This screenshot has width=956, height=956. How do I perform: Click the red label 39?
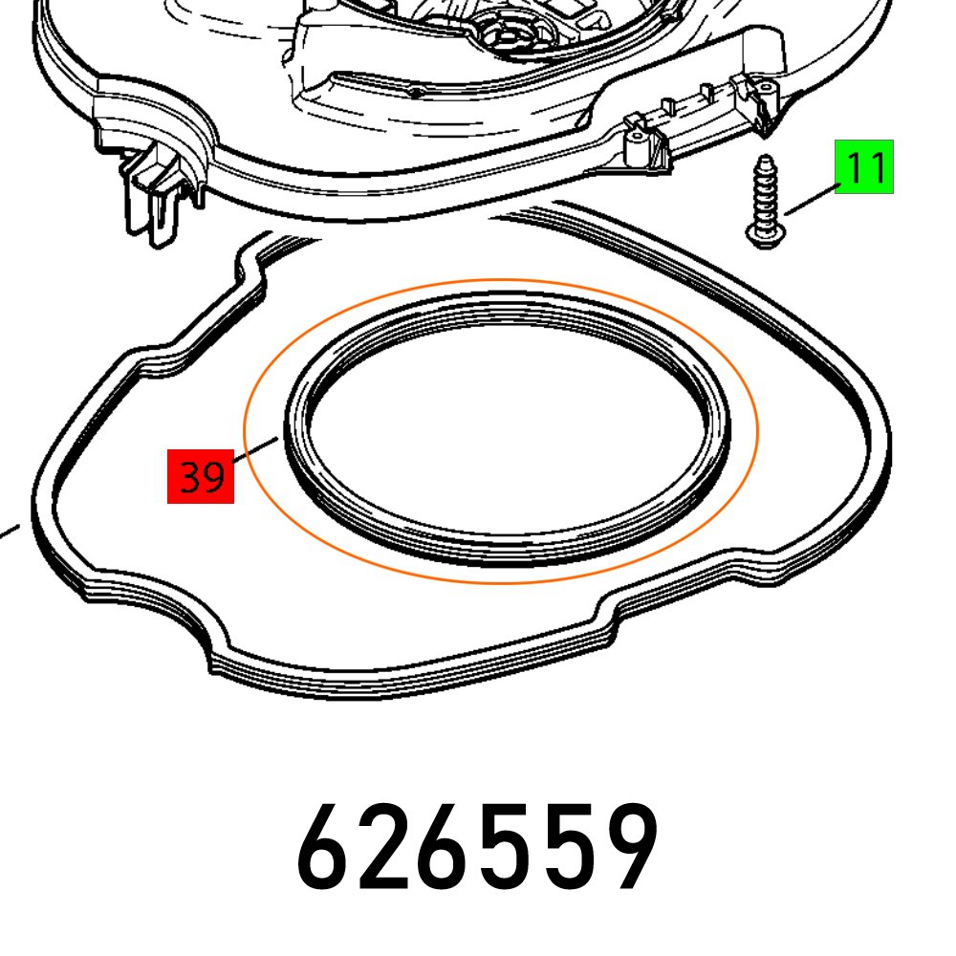tap(201, 475)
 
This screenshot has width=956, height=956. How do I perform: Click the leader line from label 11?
tap(811, 204)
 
